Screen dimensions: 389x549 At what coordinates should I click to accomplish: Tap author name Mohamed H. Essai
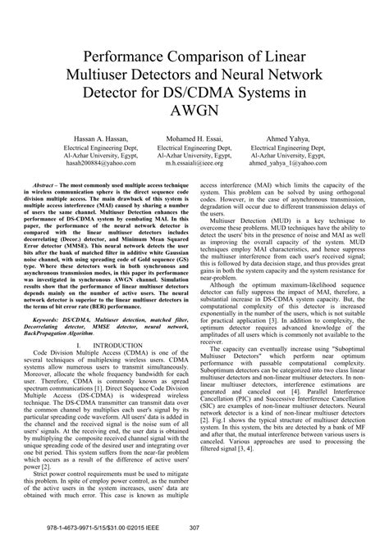coord(194,161)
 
